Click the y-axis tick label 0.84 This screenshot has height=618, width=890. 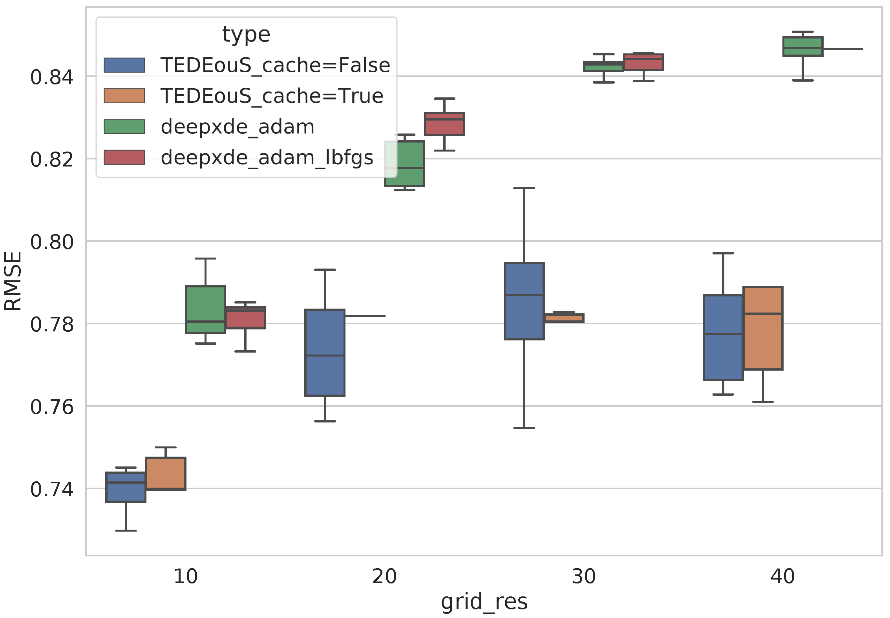51,77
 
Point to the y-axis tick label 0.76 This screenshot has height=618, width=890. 51,407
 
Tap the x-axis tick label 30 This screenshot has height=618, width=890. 583,576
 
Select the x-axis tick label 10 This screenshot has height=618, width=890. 185,576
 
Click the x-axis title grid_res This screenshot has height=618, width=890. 484,602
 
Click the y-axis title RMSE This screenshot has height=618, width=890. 13,281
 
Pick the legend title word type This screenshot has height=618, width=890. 246,35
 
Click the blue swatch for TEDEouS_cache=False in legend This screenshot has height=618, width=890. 124,65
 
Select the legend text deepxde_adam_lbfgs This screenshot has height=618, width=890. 267,157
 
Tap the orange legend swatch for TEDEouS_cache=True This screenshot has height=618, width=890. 124,96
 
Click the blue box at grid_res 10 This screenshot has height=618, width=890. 126,487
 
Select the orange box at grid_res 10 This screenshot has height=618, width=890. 166,473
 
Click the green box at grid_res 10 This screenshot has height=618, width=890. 205,309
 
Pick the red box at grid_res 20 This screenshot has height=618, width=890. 444,124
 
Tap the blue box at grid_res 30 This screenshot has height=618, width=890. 524,301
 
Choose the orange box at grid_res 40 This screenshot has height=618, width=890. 763,328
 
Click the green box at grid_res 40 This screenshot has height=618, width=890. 802,46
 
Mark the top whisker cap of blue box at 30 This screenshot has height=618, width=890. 524,188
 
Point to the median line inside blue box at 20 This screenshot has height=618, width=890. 325,355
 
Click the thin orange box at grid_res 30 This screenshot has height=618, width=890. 564,318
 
